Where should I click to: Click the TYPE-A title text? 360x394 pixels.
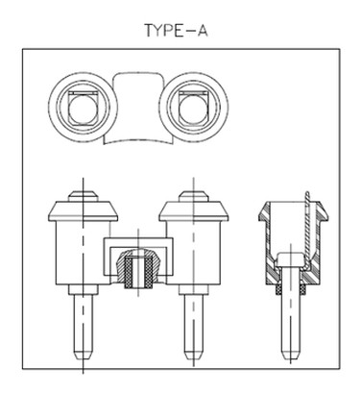(x=177, y=30)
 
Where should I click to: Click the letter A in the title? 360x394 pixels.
(x=203, y=30)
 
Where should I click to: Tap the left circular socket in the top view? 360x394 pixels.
(x=81, y=108)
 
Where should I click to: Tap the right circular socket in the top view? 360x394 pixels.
(x=194, y=108)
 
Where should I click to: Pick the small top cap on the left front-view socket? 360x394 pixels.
(x=83, y=196)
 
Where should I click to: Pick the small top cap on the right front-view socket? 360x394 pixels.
(x=193, y=196)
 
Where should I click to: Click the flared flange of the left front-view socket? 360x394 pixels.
(x=83, y=211)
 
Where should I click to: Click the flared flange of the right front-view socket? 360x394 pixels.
(x=194, y=211)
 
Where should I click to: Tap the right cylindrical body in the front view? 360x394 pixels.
(x=194, y=253)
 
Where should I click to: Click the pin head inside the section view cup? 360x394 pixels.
(x=290, y=259)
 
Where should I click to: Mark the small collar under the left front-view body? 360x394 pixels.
(x=83, y=289)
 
